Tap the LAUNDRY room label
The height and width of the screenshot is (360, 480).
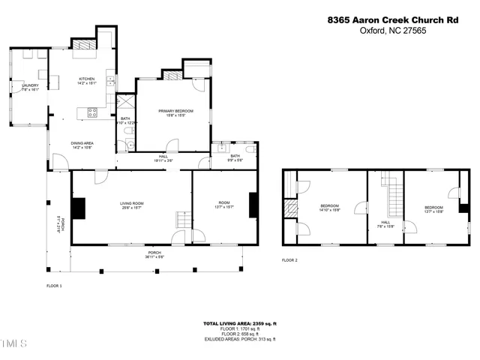point(30,88)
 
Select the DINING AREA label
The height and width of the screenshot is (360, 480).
point(82,145)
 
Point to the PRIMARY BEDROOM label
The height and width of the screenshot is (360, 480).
point(171,112)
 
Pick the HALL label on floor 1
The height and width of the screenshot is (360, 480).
point(163,158)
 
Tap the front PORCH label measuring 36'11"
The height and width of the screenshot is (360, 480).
point(154,255)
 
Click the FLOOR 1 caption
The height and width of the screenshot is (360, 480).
point(54,286)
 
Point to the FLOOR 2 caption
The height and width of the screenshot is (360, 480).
point(289,260)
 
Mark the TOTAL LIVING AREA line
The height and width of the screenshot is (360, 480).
point(240,323)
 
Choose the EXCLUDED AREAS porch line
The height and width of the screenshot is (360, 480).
point(240,339)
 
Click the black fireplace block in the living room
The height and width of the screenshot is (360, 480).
point(78,207)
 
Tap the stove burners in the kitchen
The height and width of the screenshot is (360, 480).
point(94,113)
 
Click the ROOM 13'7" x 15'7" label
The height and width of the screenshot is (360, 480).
point(223,205)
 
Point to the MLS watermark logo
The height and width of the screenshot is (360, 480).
point(13,344)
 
